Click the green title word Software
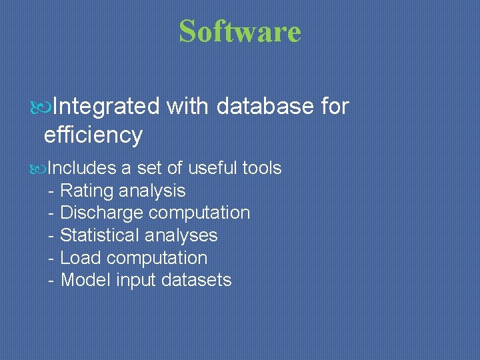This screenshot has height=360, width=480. coord(240,31)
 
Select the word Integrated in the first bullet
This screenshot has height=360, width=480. coord(106,106)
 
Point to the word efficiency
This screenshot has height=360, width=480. coord(93,135)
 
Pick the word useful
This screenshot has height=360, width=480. coord(214,168)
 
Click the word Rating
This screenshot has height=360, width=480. coord(87,191)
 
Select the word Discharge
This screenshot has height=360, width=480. coord(101,213)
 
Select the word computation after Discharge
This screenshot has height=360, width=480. coord(199,213)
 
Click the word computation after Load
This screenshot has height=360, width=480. coord(157,258)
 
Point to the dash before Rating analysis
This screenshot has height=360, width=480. coord(51,191)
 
